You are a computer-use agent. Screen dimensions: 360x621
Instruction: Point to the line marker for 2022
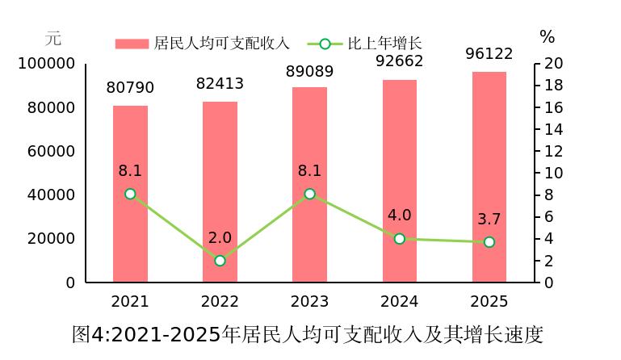pos(220,261)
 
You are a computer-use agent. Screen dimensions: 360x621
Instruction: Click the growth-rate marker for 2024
pos(400,239)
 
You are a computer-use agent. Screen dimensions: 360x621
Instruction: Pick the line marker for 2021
pos(130,194)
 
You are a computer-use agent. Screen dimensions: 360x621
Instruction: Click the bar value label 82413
pos(220,83)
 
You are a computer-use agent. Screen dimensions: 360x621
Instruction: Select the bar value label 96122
pos(489,53)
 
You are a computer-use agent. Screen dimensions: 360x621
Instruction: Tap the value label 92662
pos(400,61)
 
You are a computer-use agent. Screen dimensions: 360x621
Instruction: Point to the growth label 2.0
pos(220,237)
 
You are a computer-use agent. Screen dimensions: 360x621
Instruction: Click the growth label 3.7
pos(489,219)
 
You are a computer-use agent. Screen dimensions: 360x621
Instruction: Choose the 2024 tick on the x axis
pos(400,301)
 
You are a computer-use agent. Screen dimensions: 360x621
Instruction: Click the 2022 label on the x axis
pos(220,301)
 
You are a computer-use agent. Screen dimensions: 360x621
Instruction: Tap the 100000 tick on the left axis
pos(47,64)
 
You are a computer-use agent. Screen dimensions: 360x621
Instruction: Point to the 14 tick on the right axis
pos(554,129)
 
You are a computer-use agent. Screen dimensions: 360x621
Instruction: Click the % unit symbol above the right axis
pos(547,37)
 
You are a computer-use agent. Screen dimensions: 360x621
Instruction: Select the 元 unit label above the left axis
pos(52,38)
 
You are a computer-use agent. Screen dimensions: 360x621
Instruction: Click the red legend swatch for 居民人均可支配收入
pos(132,44)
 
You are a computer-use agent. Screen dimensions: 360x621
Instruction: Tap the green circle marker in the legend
pos(325,44)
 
